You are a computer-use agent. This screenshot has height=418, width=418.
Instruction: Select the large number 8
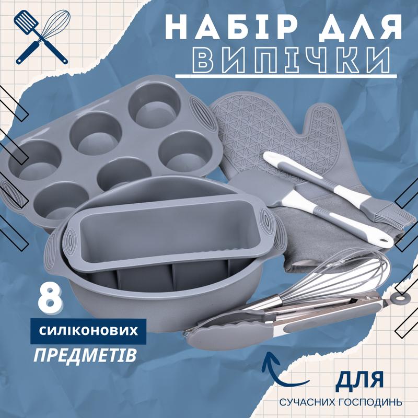click(49, 299)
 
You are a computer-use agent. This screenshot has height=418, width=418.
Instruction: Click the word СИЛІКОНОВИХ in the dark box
click(88, 331)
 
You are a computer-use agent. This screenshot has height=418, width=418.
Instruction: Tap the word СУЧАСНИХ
click(306, 402)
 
